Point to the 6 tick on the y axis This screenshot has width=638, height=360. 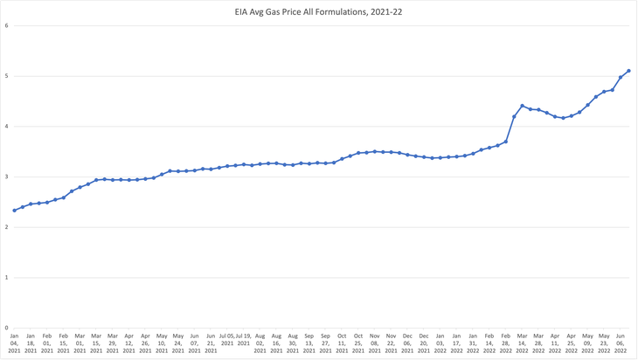pos(7,25)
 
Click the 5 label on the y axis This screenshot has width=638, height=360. pos(7,76)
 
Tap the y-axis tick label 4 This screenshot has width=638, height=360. pos(7,127)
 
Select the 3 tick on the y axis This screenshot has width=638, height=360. pos(7,177)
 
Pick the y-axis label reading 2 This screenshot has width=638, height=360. pos(7,227)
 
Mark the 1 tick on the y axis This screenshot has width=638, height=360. pos(7,278)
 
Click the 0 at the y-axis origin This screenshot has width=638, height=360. pos(7,329)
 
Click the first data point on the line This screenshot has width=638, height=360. pos(14,211)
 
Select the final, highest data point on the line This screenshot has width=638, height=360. pos(628,71)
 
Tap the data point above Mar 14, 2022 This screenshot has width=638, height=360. pos(522,106)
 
